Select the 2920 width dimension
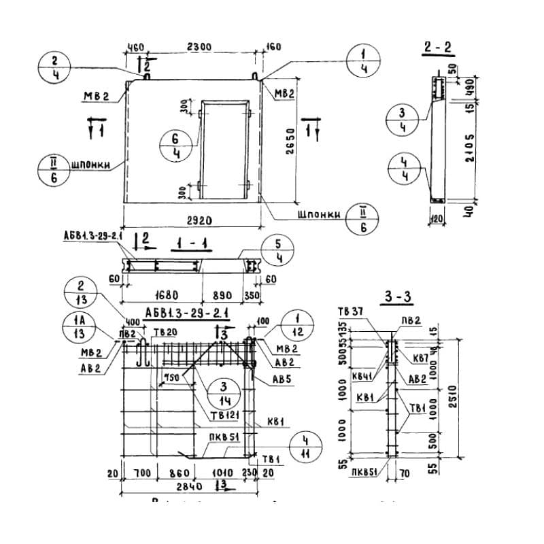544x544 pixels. [x=192, y=221]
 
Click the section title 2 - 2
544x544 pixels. [x=438, y=48]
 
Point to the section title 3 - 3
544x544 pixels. [x=398, y=297]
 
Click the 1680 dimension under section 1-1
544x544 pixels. [x=161, y=296]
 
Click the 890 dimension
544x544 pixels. [x=222, y=296]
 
